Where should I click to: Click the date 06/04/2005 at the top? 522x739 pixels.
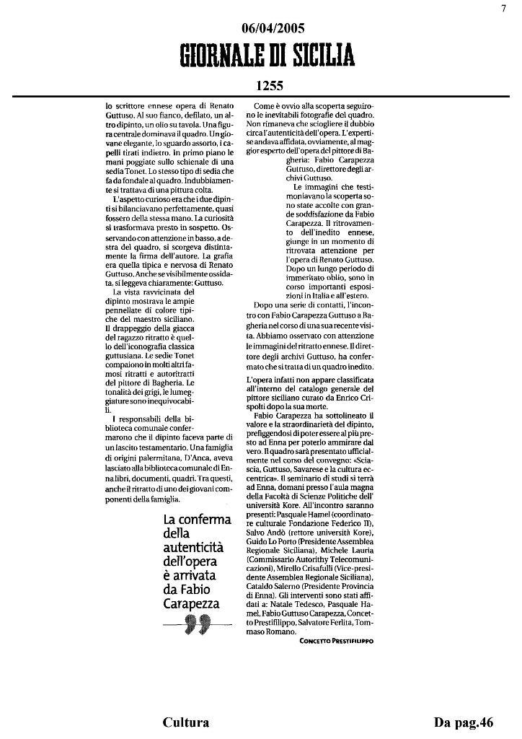[x=273, y=28]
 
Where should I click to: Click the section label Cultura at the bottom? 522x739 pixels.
[x=186, y=722]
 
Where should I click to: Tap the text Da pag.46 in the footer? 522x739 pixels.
[x=463, y=722]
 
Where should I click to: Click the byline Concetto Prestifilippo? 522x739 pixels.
[x=337, y=640]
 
